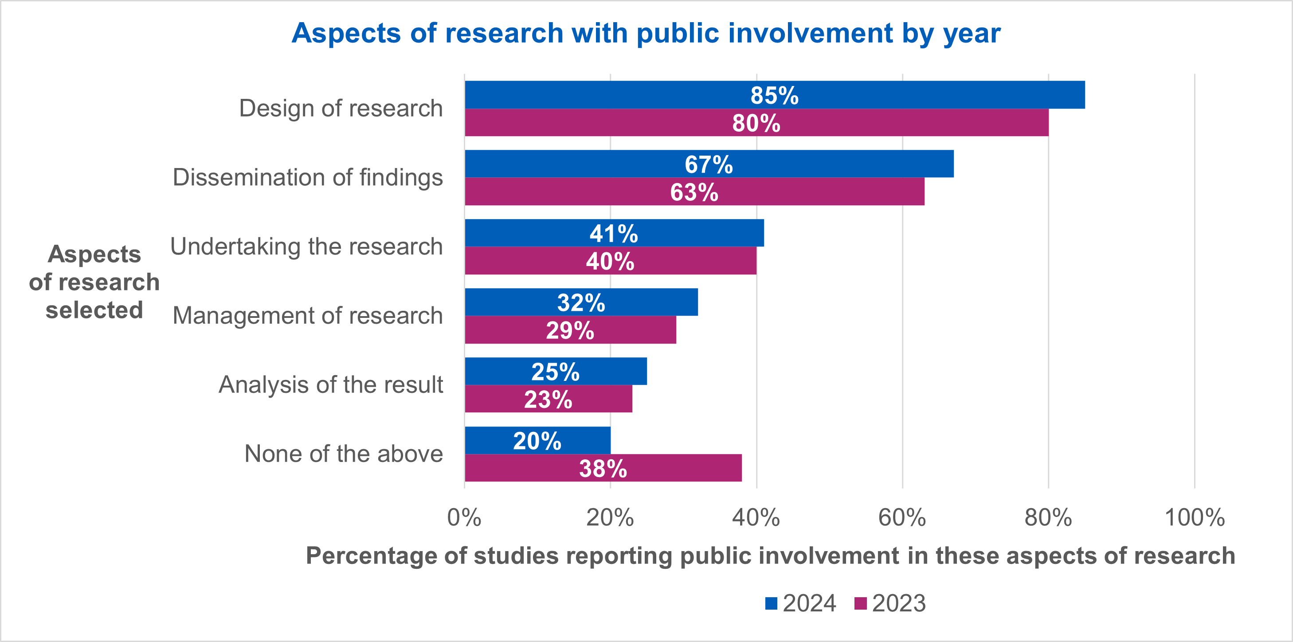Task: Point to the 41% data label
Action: (x=613, y=233)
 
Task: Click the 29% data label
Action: (x=570, y=330)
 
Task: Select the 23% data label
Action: (x=548, y=399)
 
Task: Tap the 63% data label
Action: (x=694, y=192)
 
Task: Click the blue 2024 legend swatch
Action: (x=771, y=603)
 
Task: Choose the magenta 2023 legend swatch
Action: (x=860, y=603)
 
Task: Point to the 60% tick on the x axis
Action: (x=902, y=517)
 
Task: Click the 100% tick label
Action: (x=1194, y=517)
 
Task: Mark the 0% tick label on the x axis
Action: (x=464, y=517)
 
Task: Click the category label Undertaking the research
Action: (x=307, y=247)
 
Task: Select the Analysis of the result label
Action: (x=331, y=385)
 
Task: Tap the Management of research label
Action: (x=308, y=316)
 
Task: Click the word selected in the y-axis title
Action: (x=94, y=310)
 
